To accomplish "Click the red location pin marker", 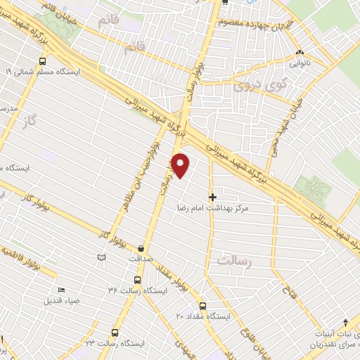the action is [x=181, y=165].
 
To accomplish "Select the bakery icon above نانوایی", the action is [x=300, y=53].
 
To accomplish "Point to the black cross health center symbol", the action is [x=213, y=197].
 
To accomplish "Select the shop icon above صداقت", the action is [x=142, y=248].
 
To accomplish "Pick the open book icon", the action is [x=103, y=259].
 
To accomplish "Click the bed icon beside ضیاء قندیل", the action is [x=61, y=290].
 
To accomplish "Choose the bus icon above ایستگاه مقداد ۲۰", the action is [x=203, y=306].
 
